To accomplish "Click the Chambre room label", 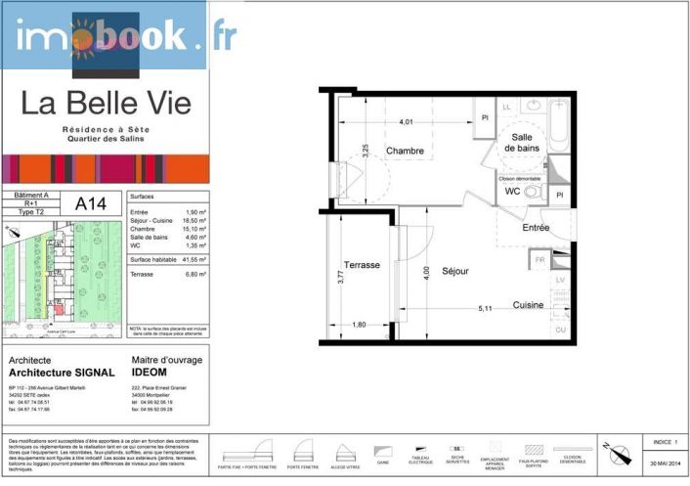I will coord(404,151).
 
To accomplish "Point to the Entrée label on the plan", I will coord(535,227).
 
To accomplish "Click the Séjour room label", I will coord(455,270).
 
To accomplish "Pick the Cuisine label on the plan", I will coord(529,305).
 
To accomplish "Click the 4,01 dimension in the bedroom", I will coord(406,122).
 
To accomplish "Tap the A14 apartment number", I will coord(92,204).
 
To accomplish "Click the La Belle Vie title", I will coord(106,103).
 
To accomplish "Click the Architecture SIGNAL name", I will coord(61,374).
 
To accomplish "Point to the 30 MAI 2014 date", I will coord(664,462).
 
